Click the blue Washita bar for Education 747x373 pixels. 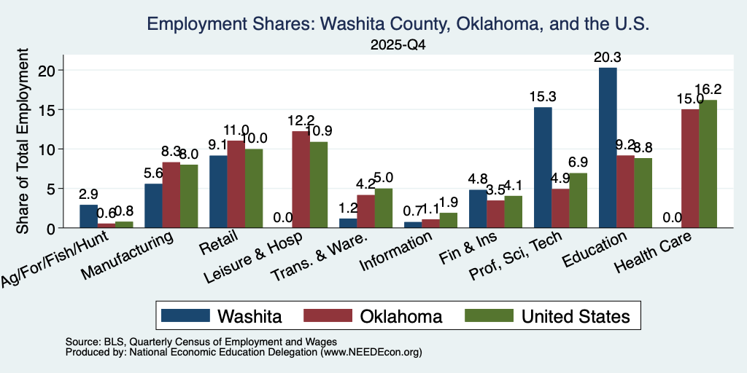pyautogui.click(x=608, y=147)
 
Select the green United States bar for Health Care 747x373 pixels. pyautogui.click(x=708, y=164)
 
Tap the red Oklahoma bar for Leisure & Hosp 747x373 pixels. pyautogui.click(x=300, y=179)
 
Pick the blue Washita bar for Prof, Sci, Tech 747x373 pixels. pyautogui.click(x=543, y=168)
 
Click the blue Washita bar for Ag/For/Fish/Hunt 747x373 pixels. pyautogui.click(x=88, y=216)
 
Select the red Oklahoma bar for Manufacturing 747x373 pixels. pyautogui.click(x=171, y=195)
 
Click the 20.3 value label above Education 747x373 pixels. pyautogui.click(x=608, y=58)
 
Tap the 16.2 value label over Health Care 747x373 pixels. pyautogui.click(x=708, y=90)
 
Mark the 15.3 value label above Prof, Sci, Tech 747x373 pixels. pyautogui.click(x=543, y=97)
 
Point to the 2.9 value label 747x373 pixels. pyautogui.click(x=88, y=195)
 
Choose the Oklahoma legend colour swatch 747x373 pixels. pyautogui.click(x=328, y=315)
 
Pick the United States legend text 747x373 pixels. pyautogui.click(x=576, y=316)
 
